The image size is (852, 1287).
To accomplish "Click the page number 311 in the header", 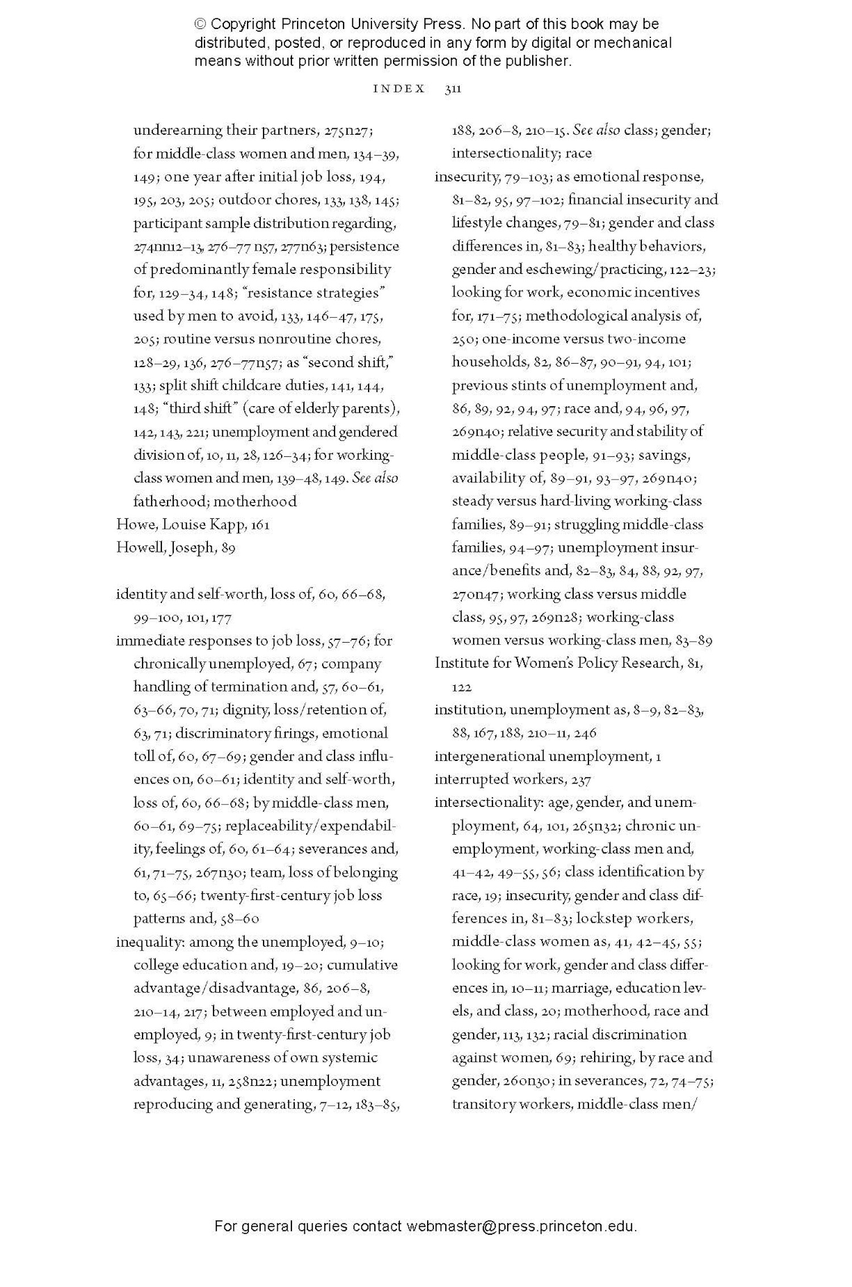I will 452,89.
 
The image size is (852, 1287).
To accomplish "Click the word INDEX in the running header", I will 399,89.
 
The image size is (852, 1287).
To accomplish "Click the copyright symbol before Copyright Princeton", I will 200,24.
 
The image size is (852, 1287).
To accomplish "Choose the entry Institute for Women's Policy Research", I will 557,663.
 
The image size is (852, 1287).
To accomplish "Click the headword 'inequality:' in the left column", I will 150,942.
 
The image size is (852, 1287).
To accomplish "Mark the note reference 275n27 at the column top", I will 348,130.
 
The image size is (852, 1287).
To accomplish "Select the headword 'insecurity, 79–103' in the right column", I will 492,177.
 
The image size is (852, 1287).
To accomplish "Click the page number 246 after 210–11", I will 585,733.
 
